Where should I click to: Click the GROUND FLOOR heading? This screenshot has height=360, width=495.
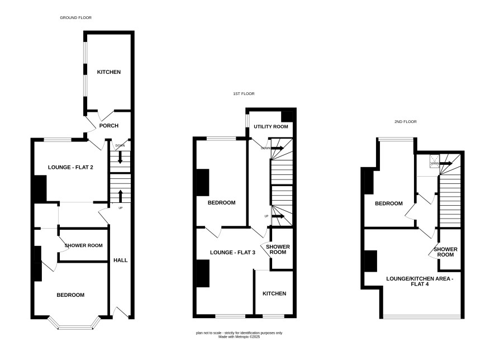[76, 18]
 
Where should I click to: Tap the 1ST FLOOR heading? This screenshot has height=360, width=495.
[244, 94]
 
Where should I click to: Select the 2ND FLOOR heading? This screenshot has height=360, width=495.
[406, 121]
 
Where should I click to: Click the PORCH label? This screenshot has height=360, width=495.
[109, 126]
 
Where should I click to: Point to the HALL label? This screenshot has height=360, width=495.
[121, 260]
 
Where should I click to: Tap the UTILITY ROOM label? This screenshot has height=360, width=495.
[271, 127]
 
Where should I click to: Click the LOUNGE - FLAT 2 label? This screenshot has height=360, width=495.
[70, 167]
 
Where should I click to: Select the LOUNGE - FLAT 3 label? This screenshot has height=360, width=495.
[232, 253]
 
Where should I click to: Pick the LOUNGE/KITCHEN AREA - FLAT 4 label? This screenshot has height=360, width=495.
[420, 281]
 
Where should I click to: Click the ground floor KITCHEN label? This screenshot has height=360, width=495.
[109, 72]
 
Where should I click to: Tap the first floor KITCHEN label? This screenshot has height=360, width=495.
[274, 293]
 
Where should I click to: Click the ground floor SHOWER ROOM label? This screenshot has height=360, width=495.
[84, 245]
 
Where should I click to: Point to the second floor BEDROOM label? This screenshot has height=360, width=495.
[389, 203]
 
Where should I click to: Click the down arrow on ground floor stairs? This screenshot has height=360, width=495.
[120, 157]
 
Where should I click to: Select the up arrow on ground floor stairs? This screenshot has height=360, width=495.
[120, 196]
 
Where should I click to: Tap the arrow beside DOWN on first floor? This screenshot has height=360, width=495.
[278, 148]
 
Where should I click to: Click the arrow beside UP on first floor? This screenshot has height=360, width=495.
[278, 216]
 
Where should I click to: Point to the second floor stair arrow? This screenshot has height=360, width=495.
[446, 163]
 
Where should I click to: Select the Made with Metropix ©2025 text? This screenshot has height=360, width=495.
[239, 337]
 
